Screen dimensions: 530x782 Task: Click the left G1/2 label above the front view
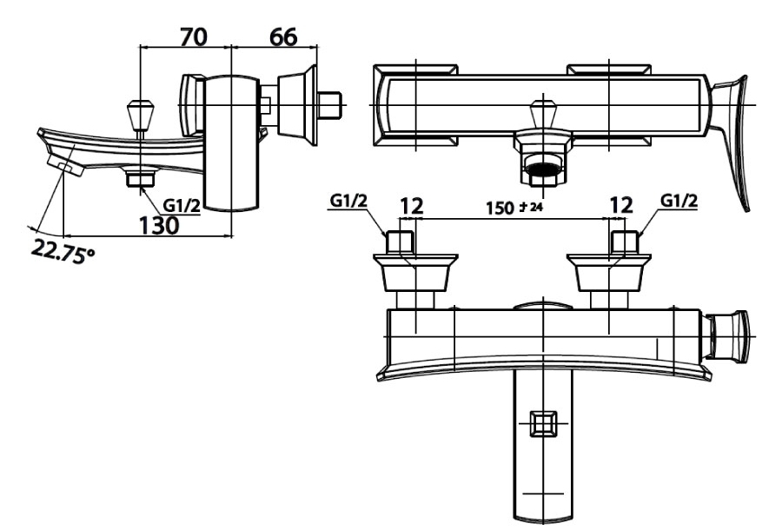[x=348, y=201]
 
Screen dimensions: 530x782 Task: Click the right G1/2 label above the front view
[x=679, y=201]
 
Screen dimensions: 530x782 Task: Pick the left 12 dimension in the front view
[x=411, y=207]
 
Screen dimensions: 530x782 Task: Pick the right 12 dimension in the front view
[x=620, y=207]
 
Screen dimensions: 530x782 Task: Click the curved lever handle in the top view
[x=733, y=135]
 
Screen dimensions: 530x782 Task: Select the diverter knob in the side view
[x=139, y=116]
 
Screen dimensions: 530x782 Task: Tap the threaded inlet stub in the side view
[x=329, y=105]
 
